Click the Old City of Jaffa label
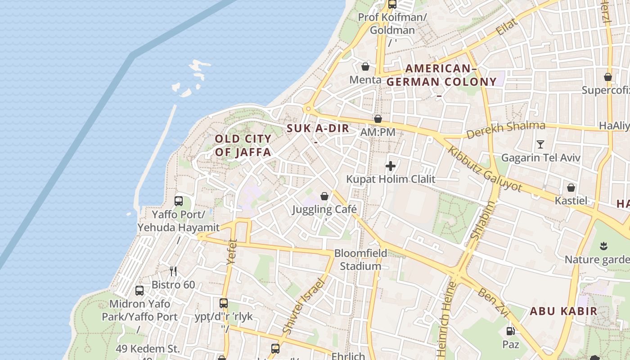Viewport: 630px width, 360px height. pyautogui.click(x=243, y=145)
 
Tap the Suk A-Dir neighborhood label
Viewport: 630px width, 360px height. pyautogui.click(x=318, y=128)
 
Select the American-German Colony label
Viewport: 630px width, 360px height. pyautogui.click(x=441, y=75)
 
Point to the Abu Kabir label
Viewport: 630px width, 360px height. pyautogui.click(x=563, y=311)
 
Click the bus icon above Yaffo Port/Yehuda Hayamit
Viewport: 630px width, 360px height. pyautogui.click(x=179, y=201)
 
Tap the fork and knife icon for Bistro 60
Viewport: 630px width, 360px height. pyautogui.click(x=173, y=271)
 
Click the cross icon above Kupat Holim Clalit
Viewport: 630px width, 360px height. pyautogui.click(x=391, y=166)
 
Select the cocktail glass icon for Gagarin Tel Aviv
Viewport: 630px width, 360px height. pyautogui.click(x=540, y=144)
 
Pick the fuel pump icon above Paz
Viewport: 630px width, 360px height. pyautogui.click(x=510, y=331)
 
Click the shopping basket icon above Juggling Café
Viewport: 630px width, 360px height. pyautogui.click(x=324, y=196)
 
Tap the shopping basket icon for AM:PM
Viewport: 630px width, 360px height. pyautogui.click(x=378, y=119)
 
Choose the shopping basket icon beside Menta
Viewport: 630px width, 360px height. pyautogui.click(x=365, y=67)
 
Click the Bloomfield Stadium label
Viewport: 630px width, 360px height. pyautogui.click(x=360, y=260)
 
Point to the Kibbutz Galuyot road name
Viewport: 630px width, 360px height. pyautogui.click(x=485, y=168)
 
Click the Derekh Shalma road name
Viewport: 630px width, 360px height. pyautogui.click(x=505, y=130)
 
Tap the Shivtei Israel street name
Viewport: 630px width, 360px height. pyautogui.click(x=304, y=306)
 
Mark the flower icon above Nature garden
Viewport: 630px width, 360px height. pyautogui.click(x=603, y=246)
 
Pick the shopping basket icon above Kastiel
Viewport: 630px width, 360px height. pyautogui.click(x=571, y=187)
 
